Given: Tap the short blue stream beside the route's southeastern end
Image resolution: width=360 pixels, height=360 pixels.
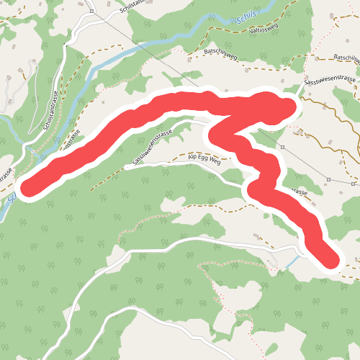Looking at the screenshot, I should pyautogui.click(x=292, y=262).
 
